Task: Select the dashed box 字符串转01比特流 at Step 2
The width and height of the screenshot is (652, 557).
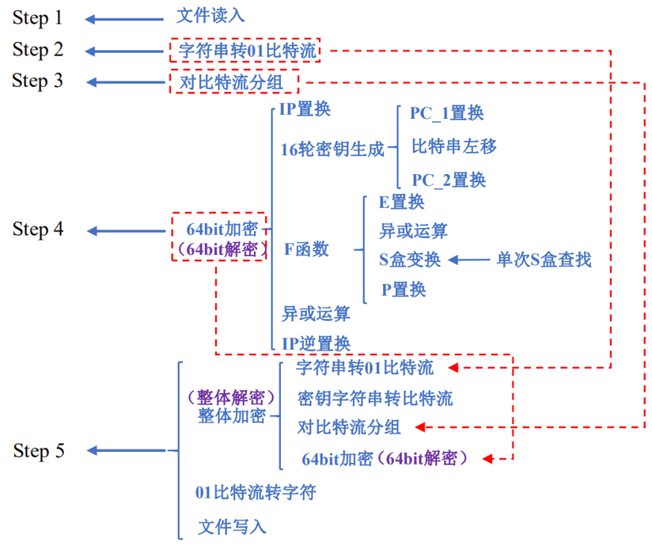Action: coord(245,51)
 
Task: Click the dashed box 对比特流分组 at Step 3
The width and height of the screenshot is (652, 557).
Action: coord(233,81)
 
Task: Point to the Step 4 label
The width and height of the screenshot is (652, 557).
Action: coord(37,229)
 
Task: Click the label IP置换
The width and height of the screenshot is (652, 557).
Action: coord(305,109)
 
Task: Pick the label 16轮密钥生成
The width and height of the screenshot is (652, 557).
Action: coord(332,149)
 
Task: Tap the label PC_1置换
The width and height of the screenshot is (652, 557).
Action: coord(446,113)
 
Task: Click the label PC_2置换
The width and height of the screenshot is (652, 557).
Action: coord(448,180)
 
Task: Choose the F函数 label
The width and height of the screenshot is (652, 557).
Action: coord(306,249)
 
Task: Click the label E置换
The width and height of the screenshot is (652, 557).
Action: coord(401,202)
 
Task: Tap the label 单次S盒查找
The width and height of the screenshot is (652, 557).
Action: coord(544,260)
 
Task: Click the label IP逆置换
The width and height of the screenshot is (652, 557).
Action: coord(316,343)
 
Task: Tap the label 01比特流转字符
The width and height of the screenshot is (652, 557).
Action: coord(256,492)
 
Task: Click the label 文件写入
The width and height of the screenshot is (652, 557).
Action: coord(232,526)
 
